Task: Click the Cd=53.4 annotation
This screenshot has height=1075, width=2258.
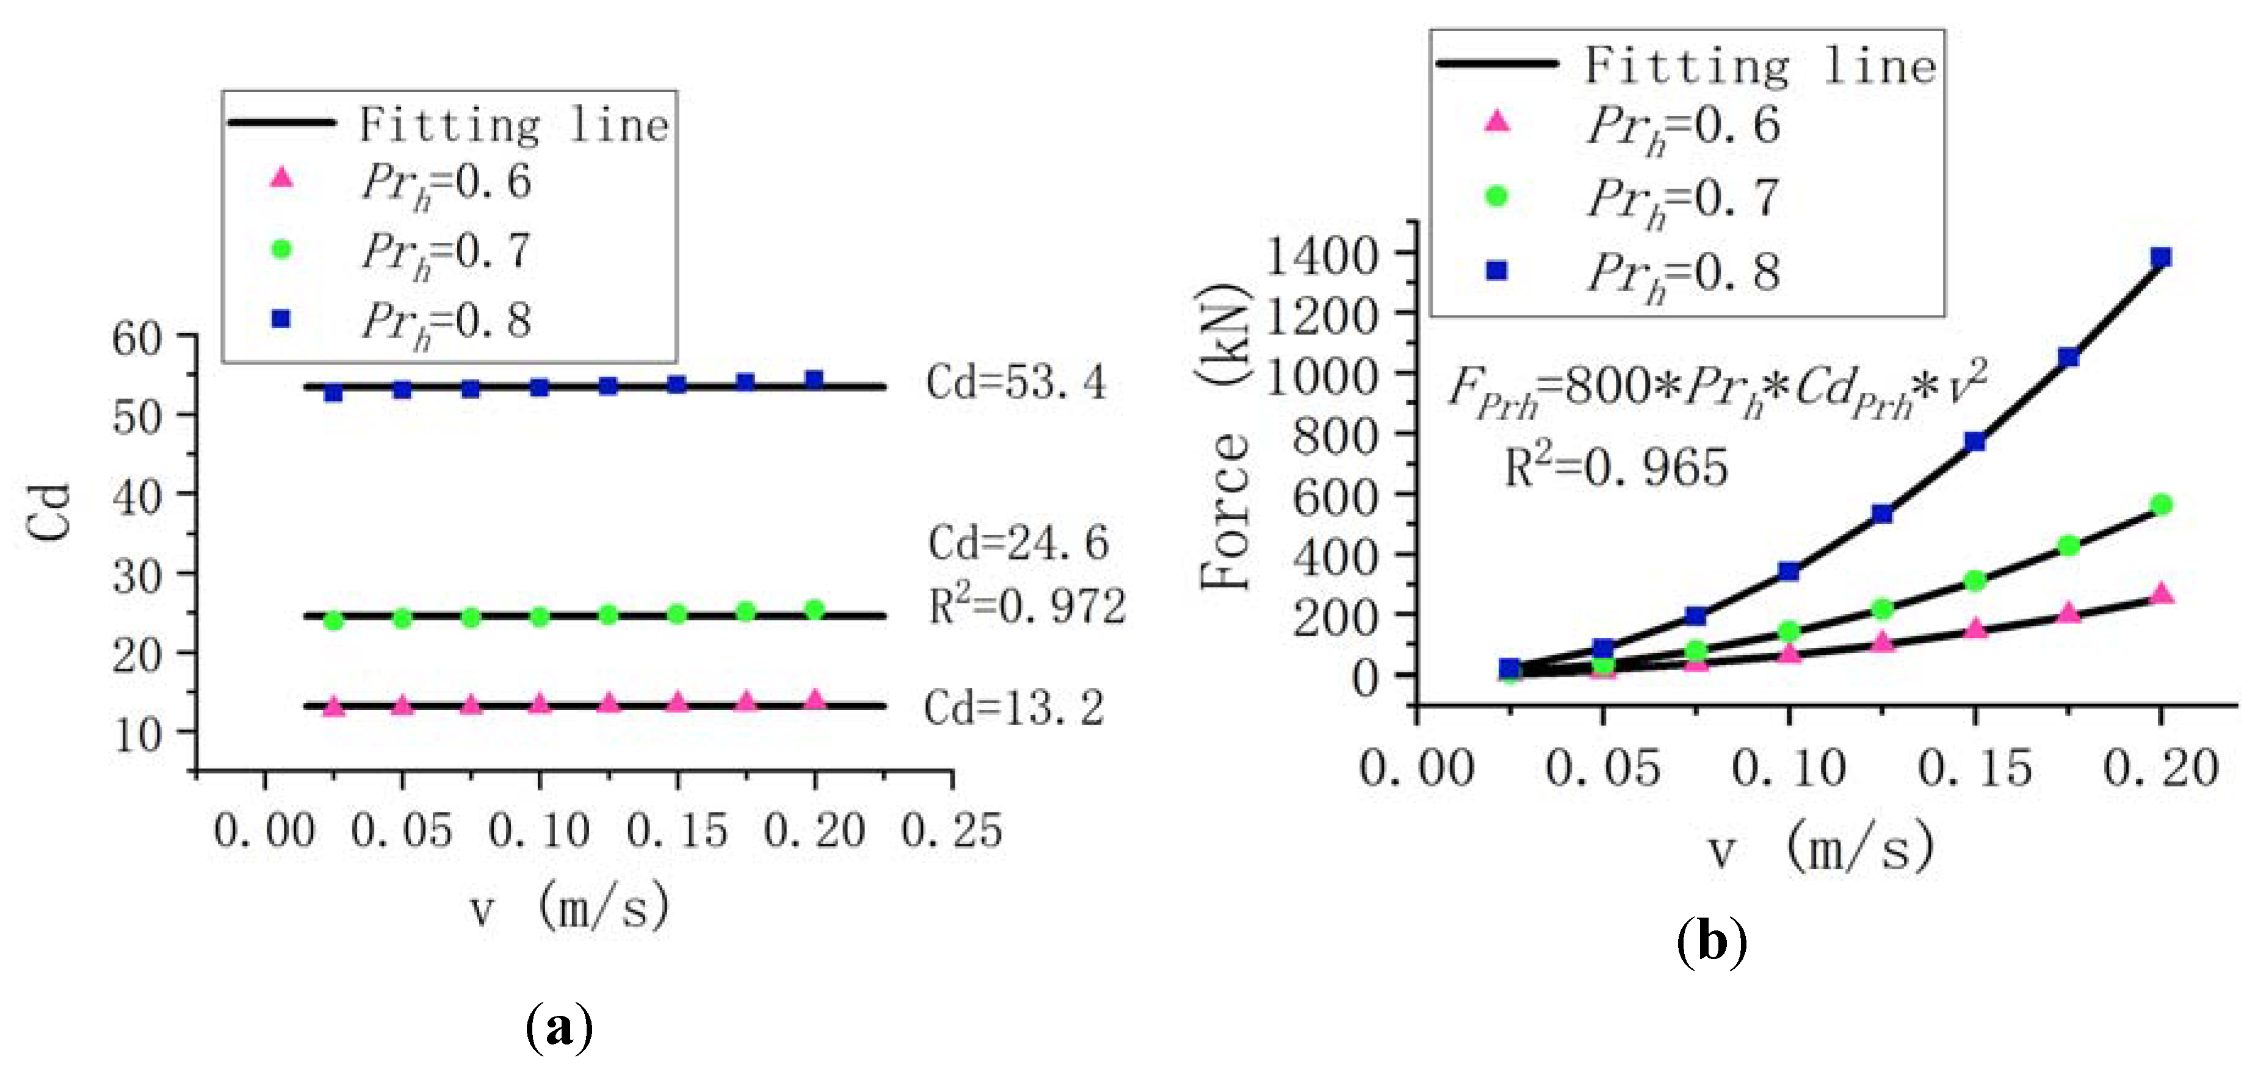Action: (1016, 383)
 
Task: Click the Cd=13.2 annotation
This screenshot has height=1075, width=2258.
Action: (1014, 708)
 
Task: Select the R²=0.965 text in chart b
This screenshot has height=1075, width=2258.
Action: (1615, 466)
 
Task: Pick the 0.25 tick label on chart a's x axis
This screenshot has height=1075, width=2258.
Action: (952, 830)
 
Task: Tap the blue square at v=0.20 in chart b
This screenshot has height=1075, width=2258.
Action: (2162, 257)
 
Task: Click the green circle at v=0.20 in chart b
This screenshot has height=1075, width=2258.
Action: (2162, 505)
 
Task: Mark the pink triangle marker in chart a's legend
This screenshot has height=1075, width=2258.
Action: (281, 178)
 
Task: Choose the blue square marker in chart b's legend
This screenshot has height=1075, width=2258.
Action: (1497, 271)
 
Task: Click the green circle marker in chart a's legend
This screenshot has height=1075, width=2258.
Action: (281, 250)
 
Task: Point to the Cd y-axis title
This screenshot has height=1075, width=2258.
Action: (49, 512)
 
